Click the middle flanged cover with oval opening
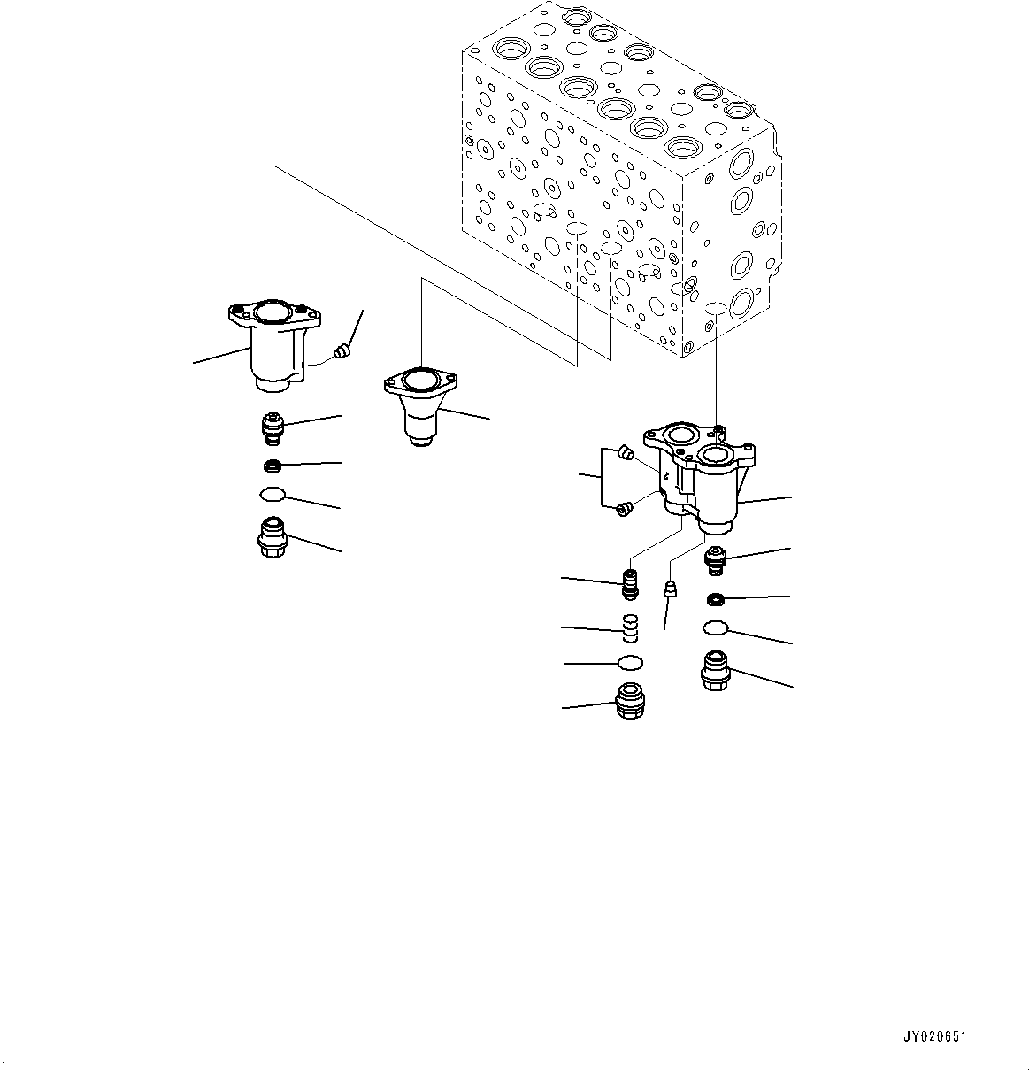click(419, 404)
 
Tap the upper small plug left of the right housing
click(626, 453)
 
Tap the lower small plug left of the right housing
click(625, 507)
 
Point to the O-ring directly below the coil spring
click(629, 662)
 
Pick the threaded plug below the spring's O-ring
click(629, 702)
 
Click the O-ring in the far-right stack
click(715, 628)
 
